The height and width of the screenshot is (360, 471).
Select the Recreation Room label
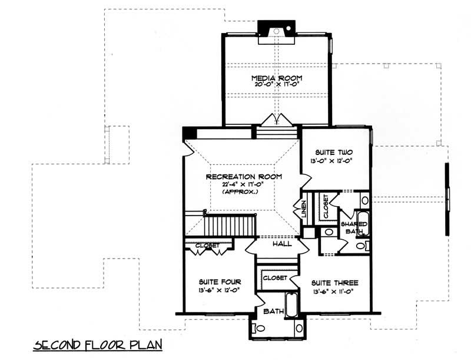pos(243,176)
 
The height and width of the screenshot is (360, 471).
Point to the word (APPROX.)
pos(243,193)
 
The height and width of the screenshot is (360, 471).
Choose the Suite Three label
pos(334,283)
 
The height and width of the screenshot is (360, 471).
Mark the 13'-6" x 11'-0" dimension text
pos(334,292)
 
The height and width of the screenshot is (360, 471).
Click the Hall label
pos(278,243)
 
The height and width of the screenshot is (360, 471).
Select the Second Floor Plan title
pos(97,343)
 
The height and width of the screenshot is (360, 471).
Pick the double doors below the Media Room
pos(276,120)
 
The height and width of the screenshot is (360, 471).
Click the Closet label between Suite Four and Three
pos(274,278)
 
